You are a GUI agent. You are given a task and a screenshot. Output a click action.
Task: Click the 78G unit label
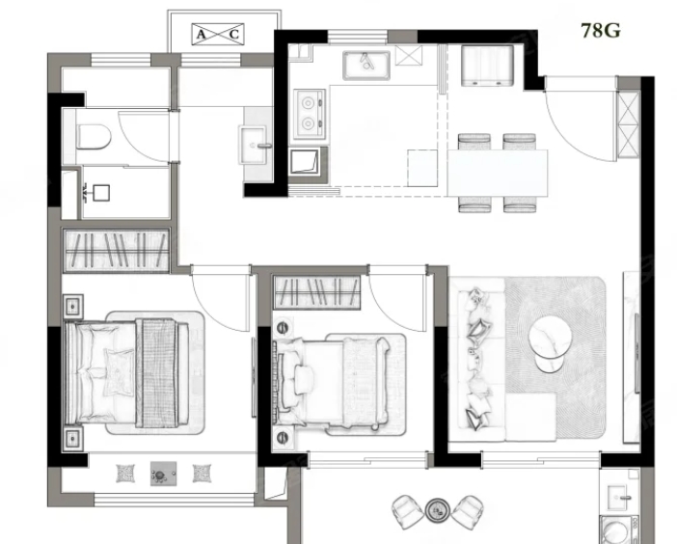coord(601,31)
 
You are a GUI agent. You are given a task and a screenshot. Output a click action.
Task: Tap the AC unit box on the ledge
coord(218,34)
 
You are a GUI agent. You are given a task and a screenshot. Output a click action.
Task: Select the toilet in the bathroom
coord(94,137)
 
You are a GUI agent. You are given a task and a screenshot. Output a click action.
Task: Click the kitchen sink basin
coord(366,66)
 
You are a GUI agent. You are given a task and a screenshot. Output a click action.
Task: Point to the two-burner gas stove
coord(310,115)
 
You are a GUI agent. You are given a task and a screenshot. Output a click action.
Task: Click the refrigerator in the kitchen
coord(487,66)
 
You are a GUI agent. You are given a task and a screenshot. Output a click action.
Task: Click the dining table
coord(498,173)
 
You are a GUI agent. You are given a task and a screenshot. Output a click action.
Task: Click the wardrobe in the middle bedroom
coord(317,292)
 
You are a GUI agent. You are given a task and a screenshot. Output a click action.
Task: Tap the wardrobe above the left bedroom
coord(116,251)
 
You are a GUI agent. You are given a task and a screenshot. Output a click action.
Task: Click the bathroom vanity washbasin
coord(253,146)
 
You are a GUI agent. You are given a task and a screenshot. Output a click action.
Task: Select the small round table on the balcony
coord(438,511)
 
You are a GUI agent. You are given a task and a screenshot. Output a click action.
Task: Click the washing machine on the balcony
coord(619,530)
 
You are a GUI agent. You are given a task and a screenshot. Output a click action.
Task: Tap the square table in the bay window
coord(163,474)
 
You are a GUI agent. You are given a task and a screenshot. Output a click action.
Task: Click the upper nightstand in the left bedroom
coord(73,307)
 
